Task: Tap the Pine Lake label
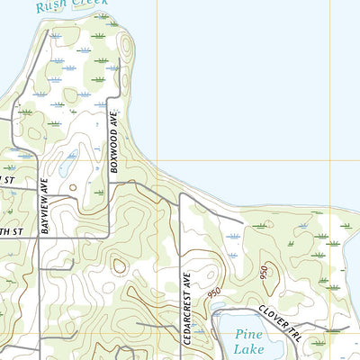[x=249, y=341]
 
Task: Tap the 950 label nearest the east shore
[x=264, y=273]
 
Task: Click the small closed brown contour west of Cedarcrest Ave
[x=119, y=265]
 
